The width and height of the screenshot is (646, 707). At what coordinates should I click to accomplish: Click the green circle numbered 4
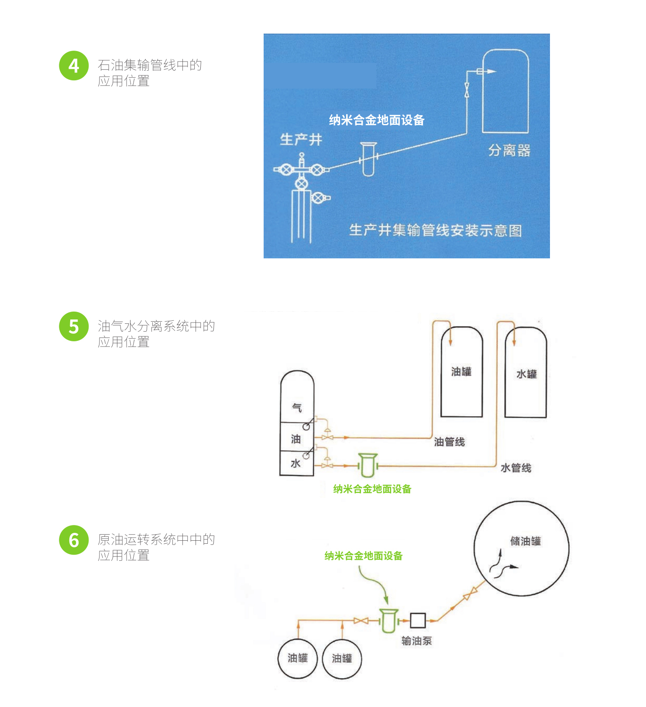point(74,65)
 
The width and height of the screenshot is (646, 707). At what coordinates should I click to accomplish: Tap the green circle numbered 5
point(74,326)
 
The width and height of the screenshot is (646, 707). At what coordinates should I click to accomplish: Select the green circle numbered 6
point(74,540)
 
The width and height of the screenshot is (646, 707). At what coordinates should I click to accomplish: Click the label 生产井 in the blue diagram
point(301,140)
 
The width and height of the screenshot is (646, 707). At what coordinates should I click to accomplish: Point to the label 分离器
point(509,151)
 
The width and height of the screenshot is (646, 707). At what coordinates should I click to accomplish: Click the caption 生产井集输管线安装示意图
point(435,230)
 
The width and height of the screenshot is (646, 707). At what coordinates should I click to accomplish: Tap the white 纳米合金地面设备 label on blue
point(377,120)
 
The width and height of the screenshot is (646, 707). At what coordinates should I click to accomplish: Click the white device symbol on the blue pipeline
point(368,159)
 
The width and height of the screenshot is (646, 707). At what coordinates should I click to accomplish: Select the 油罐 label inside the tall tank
point(461,371)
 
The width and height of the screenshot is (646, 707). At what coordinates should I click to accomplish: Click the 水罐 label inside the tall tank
point(526,374)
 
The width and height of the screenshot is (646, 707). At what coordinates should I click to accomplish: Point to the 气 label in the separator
point(297,408)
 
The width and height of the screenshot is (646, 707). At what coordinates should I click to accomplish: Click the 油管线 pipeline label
point(449,442)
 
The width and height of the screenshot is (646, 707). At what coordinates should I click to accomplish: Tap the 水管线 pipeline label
point(516,468)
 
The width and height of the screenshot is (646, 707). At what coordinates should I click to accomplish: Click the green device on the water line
point(368,465)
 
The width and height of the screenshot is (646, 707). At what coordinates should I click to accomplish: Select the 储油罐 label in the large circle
point(526,541)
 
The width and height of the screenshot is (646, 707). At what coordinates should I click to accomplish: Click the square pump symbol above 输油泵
point(418,620)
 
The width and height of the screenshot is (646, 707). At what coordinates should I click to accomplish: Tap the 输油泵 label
point(416,641)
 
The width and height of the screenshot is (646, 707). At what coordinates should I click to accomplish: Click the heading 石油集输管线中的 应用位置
point(150,73)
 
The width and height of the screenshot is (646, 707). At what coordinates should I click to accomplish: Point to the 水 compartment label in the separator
point(296,463)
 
